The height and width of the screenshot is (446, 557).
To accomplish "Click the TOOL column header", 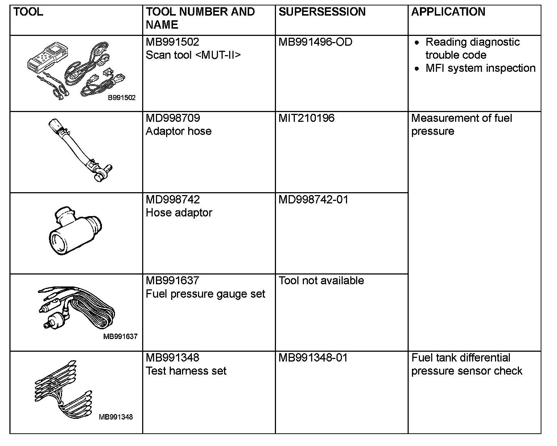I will coord(28,12).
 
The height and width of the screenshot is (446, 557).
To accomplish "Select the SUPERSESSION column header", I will coord(322,12).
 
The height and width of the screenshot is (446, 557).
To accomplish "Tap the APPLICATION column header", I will coord(448,12).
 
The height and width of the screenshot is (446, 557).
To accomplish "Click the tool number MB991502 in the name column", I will coord(172,42).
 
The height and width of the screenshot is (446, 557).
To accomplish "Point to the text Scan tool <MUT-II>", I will coord(193,55).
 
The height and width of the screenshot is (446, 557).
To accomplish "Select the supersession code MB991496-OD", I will coord(315,42).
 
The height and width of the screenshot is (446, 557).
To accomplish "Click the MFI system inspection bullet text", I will coord(480,68).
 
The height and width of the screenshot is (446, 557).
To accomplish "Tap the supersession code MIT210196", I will coord(306,118).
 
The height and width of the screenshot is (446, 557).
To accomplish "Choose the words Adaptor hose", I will coord(178,131).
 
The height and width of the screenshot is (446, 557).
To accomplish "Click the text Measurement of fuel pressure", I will coord(461,124).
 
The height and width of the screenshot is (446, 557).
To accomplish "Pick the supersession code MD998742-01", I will coord(313,200).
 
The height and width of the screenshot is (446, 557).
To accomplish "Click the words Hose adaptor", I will coord(179,213).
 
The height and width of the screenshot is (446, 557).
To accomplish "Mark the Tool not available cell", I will coord(321,281).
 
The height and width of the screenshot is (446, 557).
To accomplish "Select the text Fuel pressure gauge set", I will coord(205,294).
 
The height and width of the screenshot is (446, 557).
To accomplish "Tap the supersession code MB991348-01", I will coord(313,358).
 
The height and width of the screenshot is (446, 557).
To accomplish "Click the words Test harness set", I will coord(186,371).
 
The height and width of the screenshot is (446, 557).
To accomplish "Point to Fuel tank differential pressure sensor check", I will coord(467,364).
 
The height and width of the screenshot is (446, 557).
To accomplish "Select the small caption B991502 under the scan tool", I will coord(121,98).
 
